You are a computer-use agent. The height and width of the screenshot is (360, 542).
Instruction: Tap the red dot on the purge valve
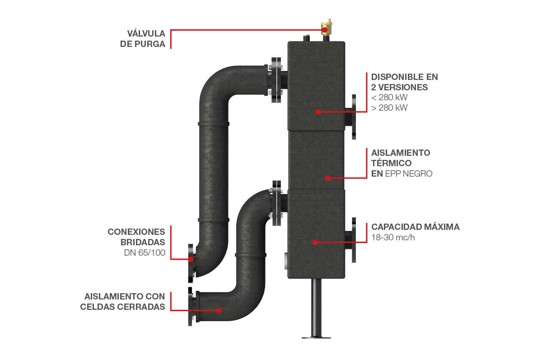coord(324,30)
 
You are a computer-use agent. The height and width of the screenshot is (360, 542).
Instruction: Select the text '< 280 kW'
coord(389,98)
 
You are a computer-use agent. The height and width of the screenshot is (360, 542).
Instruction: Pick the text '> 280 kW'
coord(389,108)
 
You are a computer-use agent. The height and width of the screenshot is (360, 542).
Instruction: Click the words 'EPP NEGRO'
coord(408,173)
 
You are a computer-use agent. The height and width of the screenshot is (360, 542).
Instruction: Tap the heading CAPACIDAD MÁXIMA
coord(415,227)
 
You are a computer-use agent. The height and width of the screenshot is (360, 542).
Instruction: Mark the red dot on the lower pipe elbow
coord(219,310)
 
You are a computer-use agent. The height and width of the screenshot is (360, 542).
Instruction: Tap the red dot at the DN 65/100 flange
coord(192,259)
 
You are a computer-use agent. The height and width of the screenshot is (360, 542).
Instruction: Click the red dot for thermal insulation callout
coord(328,178)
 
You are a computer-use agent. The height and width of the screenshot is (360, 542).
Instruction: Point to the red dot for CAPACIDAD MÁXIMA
coord(314,242)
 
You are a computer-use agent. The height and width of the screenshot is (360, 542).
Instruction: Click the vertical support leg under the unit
coord(316,307)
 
